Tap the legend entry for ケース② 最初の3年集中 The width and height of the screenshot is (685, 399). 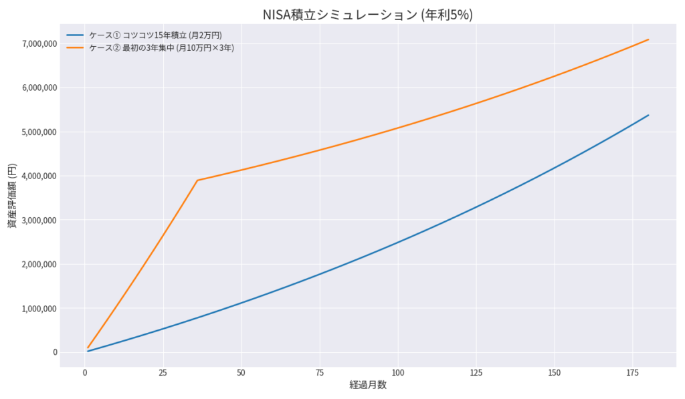pos(161,47)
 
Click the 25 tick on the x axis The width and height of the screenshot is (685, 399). pos(163,372)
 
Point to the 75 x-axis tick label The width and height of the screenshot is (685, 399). pos(320,372)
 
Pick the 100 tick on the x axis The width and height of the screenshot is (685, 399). pos(398,372)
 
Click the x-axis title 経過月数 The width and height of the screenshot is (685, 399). pos(367,386)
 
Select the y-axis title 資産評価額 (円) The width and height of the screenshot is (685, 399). pos(13,194)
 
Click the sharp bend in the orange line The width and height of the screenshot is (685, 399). pos(197,180)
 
